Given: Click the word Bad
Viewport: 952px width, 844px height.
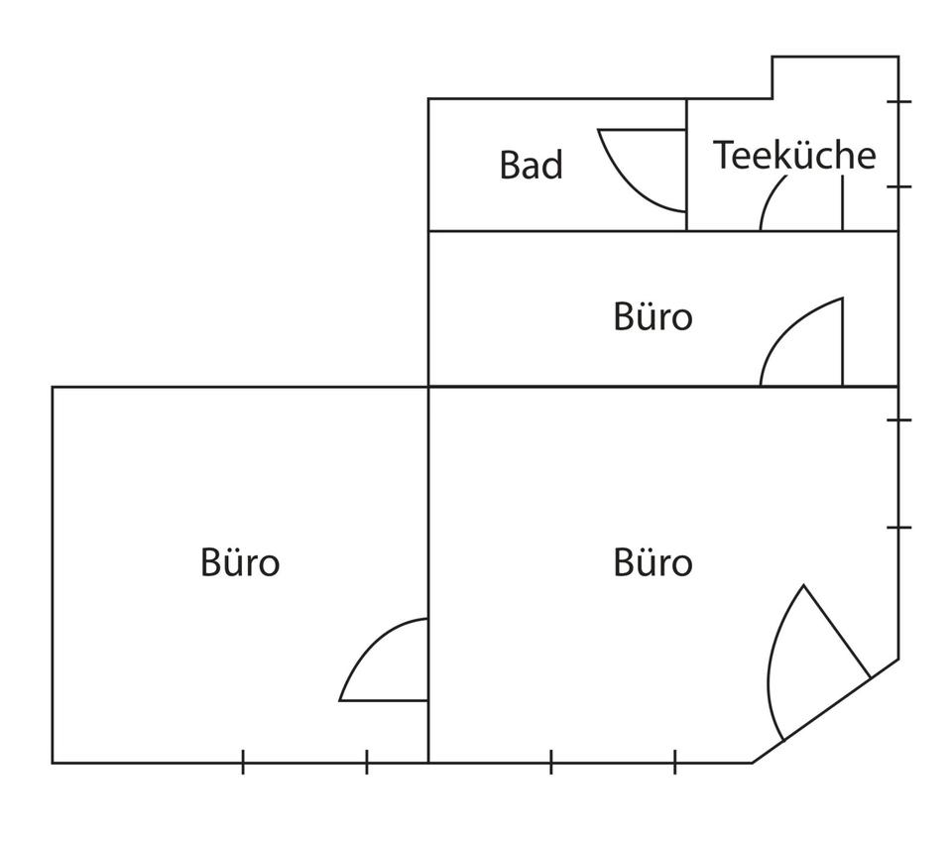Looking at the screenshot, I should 531,165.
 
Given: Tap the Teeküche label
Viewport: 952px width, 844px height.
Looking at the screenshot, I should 794,156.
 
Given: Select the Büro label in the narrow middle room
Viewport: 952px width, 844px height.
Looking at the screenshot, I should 653,317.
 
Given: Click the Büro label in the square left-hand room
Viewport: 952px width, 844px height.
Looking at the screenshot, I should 240,562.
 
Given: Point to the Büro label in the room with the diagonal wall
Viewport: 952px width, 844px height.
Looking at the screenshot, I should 653,562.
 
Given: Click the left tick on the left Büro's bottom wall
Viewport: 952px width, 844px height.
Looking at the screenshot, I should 243,762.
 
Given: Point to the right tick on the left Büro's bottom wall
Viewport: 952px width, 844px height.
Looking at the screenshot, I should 367,762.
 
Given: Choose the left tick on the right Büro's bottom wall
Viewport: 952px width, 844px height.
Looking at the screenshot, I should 551,762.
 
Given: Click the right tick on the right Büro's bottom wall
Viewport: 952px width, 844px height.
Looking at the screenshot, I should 675,762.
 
